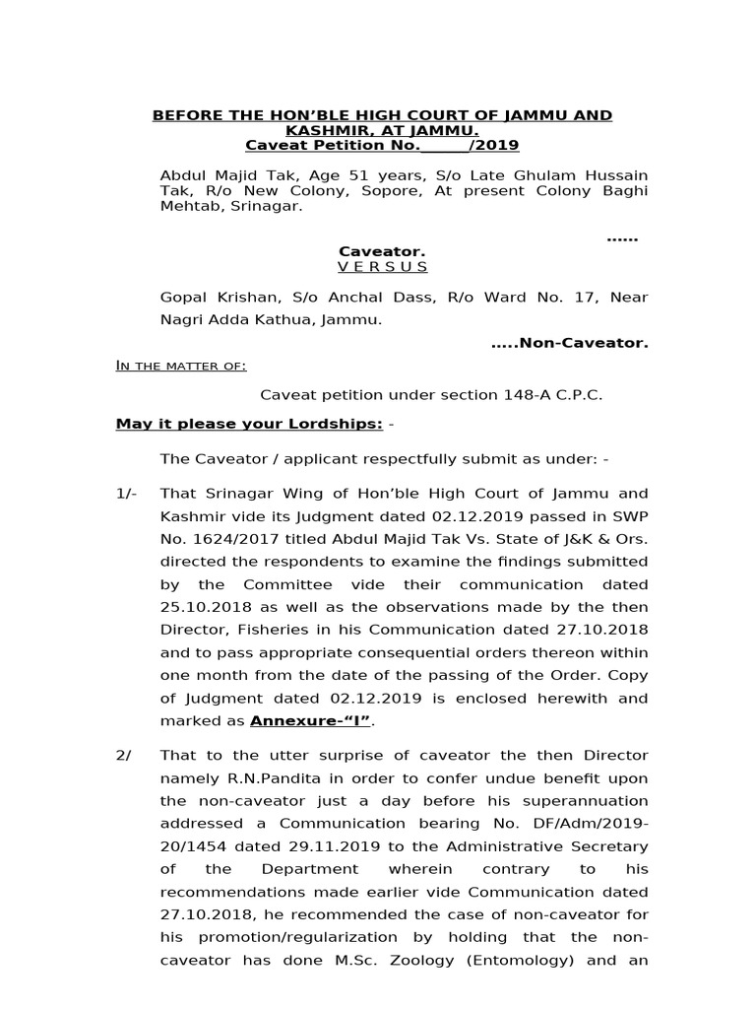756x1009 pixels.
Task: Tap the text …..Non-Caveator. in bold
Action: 570,343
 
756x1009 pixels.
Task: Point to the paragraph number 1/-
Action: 127,494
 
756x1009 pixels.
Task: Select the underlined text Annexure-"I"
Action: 310,720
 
